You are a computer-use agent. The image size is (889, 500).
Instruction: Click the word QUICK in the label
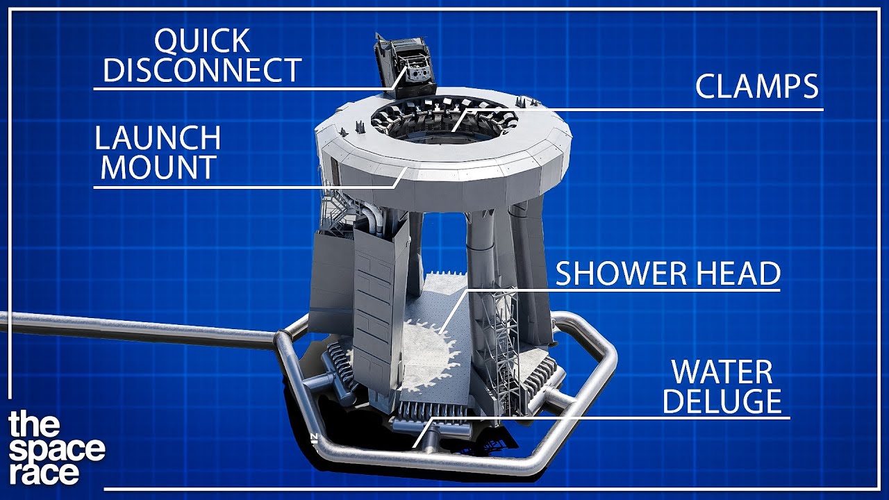click(202, 41)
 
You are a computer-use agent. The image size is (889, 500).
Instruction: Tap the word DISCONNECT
click(202, 70)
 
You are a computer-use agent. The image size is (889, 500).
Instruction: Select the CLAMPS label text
click(757, 86)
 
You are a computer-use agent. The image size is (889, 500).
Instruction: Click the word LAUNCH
click(158, 137)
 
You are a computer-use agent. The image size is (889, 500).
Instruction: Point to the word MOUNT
click(159, 167)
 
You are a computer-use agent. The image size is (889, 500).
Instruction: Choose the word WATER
click(722, 372)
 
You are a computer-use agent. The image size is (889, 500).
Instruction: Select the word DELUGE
click(722, 401)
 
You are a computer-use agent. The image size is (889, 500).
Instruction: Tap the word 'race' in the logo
click(44, 473)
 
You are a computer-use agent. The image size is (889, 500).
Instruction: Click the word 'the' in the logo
click(34, 424)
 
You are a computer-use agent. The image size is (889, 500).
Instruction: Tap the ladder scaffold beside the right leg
click(499, 349)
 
